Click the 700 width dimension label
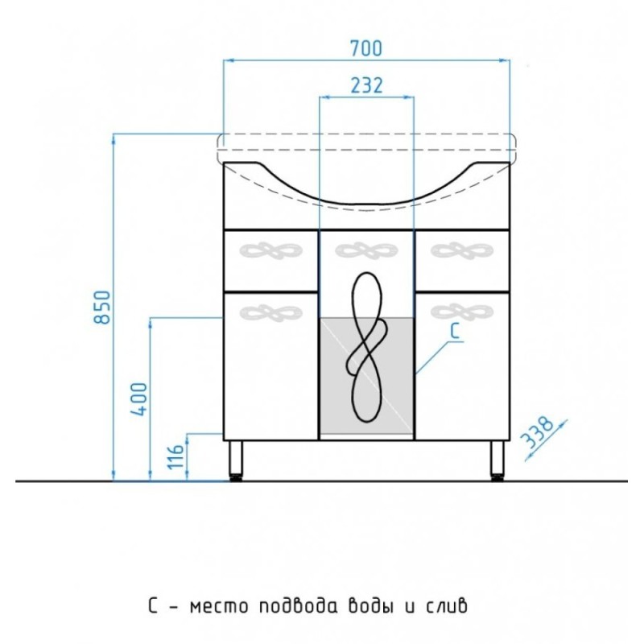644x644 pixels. click(x=366, y=48)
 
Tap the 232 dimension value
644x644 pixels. click(x=366, y=85)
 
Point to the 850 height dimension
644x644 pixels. click(x=103, y=307)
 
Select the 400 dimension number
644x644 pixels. click(x=139, y=399)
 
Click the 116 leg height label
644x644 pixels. click(x=175, y=456)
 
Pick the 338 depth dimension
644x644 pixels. click(x=537, y=433)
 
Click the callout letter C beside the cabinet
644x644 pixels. click(x=455, y=332)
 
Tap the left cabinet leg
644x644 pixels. click(x=235, y=460)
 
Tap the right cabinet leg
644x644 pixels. click(x=497, y=460)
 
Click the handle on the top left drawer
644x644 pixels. click(x=270, y=250)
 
